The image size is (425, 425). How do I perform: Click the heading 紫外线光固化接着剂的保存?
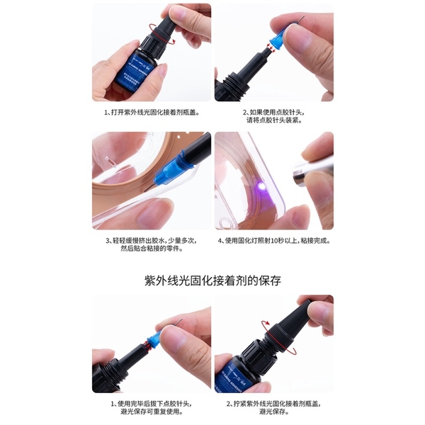[212, 280]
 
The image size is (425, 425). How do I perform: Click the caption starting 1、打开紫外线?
[152, 111]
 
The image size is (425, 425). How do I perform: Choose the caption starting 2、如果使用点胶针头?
[273, 115]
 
